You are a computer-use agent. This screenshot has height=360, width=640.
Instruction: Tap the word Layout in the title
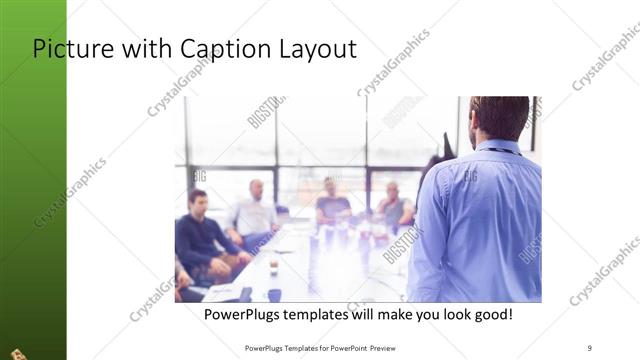(x=319, y=49)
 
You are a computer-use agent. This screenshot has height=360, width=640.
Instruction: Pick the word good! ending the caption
(x=491, y=314)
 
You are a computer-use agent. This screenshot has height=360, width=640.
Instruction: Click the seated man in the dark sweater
(x=202, y=235)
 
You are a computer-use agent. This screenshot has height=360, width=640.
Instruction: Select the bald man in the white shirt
(x=253, y=212)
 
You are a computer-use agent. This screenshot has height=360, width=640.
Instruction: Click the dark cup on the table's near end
(x=274, y=294)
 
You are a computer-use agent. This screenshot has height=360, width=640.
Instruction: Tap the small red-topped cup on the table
(x=272, y=267)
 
